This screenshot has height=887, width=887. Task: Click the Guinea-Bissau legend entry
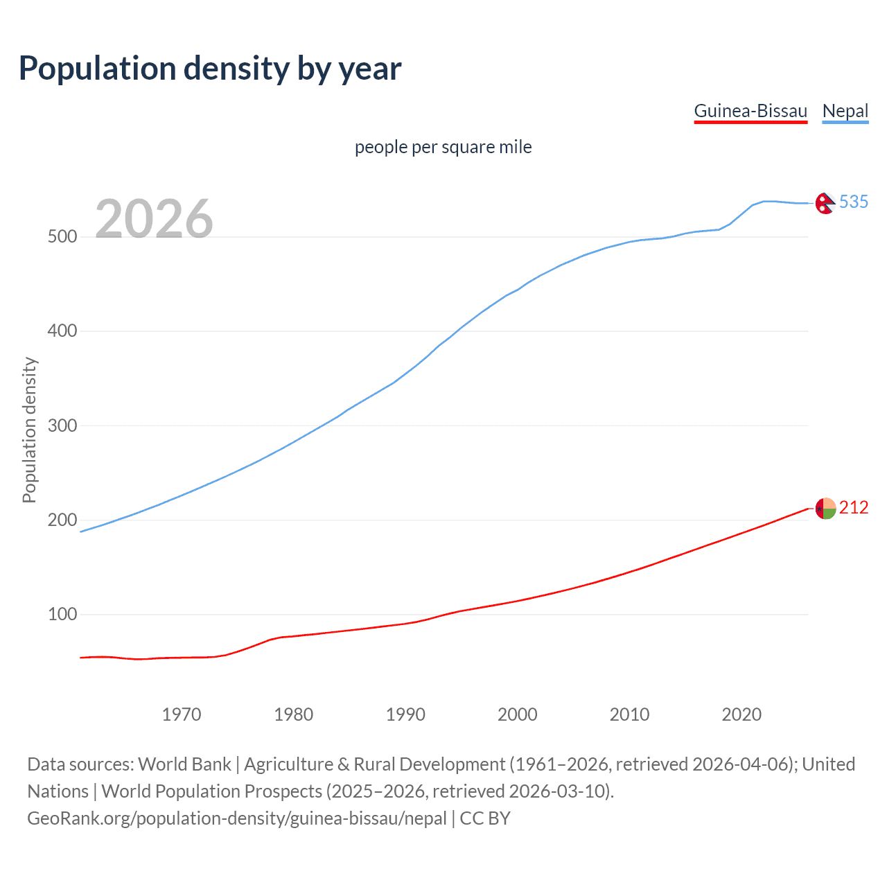[x=750, y=111]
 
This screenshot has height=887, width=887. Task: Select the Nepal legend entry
[x=845, y=111]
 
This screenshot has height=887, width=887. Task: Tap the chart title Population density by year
[x=210, y=69]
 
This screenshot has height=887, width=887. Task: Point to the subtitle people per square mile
[x=443, y=147]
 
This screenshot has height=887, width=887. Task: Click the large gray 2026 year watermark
[x=154, y=219]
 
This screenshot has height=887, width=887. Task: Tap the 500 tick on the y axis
[x=62, y=237]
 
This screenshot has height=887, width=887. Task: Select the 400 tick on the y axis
[x=62, y=331]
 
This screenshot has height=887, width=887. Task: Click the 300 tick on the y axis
[x=62, y=425]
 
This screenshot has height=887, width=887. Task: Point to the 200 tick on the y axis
[x=62, y=520]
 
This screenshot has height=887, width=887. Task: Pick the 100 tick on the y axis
[x=62, y=615]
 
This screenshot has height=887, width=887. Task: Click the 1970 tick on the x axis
[x=182, y=714]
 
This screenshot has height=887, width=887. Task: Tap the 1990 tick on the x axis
[x=405, y=714]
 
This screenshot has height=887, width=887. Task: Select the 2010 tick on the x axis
[x=629, y=714]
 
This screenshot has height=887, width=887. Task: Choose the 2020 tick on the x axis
[x=741, y=714]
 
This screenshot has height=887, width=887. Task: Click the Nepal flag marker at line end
[x=825, y=203]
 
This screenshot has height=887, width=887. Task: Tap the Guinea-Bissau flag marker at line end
[x=825, y=509]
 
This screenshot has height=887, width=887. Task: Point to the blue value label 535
[x=854, y=202]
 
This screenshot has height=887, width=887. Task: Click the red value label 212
[x=854, y=508]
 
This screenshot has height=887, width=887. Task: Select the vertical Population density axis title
[x=29, y=430]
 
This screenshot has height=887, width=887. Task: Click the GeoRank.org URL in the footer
[x=237, y=818]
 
